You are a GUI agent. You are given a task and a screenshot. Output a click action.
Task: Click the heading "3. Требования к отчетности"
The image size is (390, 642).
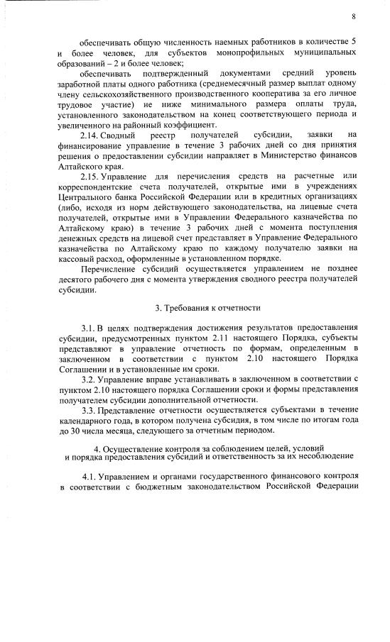coord(207,309)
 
